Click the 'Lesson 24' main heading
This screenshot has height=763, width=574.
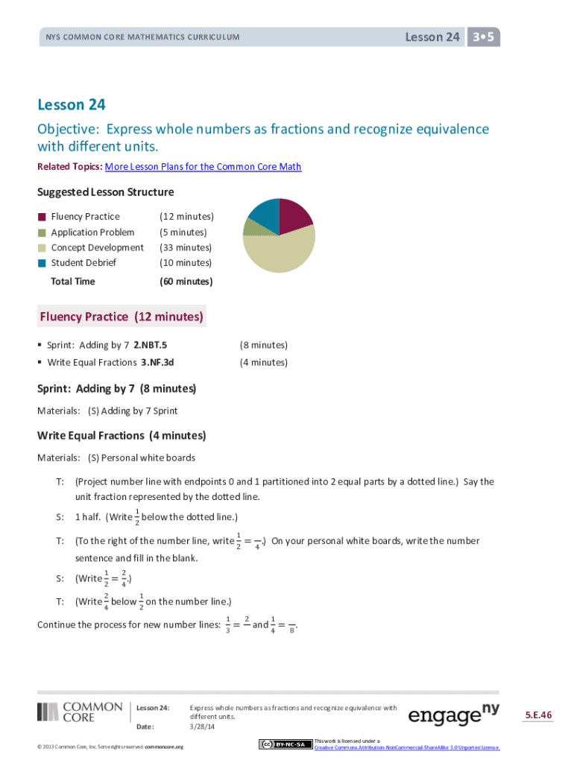click(x=77, y=105)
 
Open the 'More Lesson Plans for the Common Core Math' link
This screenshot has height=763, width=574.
click(x=203, y=167)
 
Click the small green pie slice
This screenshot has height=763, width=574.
click(x=251, y=225)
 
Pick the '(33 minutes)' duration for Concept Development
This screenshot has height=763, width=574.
click(x=186, y=247)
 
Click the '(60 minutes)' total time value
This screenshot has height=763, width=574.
click(x=186, y=282)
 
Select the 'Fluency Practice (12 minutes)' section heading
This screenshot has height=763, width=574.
click(x=121, y=317)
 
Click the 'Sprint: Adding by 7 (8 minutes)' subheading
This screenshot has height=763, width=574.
click(x=116, y=389)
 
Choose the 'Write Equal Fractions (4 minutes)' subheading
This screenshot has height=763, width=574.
click(x=122, y=436)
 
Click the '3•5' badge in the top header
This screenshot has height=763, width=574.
click(x=484, y=37)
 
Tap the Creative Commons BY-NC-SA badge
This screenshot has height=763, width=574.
click(x=285, y=744)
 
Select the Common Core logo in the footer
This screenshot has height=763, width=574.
click(x=80, y=712)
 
